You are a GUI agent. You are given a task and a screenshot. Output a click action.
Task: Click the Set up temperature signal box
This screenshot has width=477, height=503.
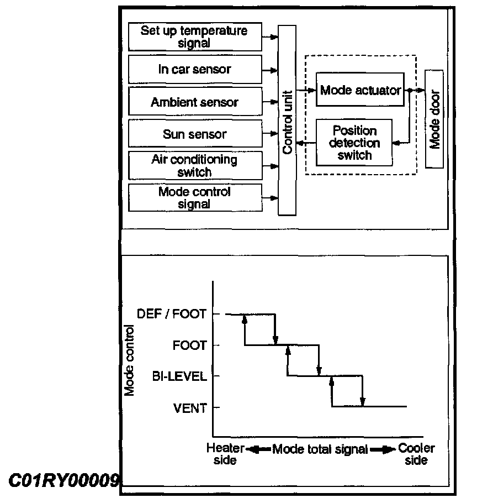194,36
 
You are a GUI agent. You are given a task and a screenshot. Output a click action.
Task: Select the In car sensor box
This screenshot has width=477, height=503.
194,70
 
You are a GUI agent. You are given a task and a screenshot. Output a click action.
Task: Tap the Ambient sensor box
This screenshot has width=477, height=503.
194,102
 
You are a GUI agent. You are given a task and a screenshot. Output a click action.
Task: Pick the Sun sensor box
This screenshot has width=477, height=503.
194,134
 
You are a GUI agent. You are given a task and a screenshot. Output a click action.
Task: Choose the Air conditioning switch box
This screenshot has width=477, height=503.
194,166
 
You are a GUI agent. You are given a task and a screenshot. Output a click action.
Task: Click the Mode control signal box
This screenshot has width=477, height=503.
194,198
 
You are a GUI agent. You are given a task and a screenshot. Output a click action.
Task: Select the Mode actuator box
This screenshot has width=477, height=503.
361,90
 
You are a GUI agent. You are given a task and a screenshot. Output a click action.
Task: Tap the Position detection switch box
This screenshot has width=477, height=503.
354,143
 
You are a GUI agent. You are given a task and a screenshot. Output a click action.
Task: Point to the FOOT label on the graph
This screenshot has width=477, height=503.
189,346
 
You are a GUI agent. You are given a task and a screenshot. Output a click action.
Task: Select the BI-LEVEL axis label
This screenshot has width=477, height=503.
179,377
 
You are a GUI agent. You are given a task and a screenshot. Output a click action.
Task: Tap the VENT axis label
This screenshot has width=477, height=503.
190,408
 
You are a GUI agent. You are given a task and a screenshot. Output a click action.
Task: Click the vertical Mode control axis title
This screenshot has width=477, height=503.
130,362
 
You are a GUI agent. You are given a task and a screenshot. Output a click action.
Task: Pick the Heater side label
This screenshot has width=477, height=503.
225,454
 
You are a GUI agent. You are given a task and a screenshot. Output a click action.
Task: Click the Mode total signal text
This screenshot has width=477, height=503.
320,449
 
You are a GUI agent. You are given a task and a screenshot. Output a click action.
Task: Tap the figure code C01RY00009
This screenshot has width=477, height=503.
63,480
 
